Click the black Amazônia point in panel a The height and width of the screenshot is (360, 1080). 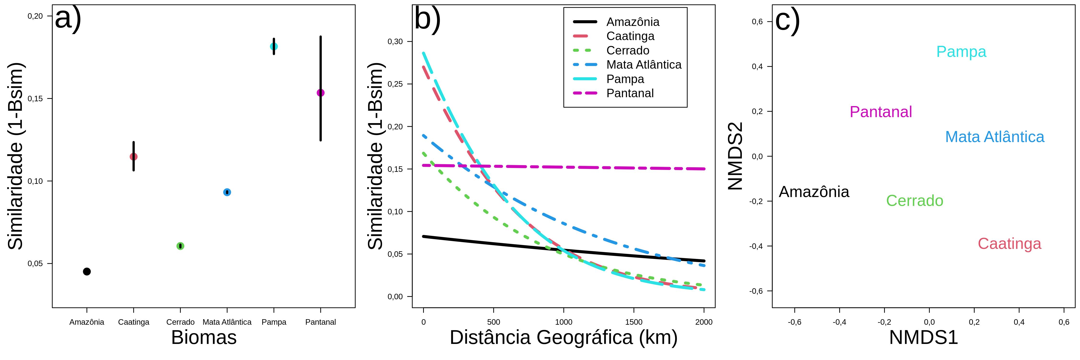pos(87,272)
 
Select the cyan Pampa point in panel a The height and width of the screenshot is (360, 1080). pos(274,47)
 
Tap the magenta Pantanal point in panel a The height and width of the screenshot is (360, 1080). pos(321,93)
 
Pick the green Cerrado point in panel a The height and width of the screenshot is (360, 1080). pos(180,246)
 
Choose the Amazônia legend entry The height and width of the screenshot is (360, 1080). pos(633,22)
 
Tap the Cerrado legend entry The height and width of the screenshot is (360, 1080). pos(628,50)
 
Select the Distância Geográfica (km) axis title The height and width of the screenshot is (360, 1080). pos(564,338)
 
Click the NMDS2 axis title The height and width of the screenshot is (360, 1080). pos(735,156)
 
